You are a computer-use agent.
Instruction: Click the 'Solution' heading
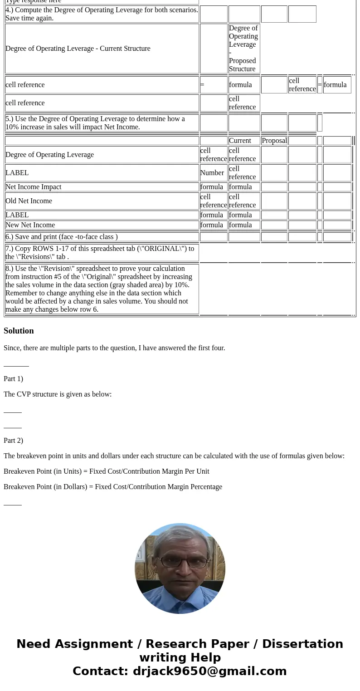click(19, 331)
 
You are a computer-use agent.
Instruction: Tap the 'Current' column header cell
click(240, 141)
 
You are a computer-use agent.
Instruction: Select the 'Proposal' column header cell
click(274, 141)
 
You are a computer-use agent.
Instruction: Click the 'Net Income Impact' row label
click(34, 187)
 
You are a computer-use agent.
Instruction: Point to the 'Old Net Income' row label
click(29, 201)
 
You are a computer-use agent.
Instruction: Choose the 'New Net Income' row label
click(30, 225)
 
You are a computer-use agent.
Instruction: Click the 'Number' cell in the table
click(212, 173)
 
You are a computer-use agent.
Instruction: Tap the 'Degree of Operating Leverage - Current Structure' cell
click(78, 49)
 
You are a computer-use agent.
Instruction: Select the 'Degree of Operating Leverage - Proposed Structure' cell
click(243, 49)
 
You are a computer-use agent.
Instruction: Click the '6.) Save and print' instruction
click(62, 237)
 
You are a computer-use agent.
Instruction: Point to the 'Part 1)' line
click(13, 379)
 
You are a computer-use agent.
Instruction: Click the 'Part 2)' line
click(13, 441)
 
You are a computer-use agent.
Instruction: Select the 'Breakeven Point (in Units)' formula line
click(107, 471)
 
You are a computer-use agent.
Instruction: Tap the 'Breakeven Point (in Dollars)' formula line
click(113, 487)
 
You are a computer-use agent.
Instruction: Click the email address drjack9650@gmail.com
click(209, 671)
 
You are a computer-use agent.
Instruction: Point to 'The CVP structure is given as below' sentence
click(58, 394)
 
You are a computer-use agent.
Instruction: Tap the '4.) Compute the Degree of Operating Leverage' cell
click(102, 14)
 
